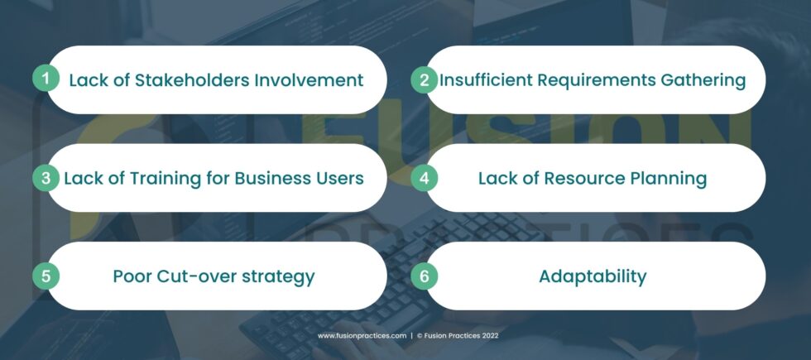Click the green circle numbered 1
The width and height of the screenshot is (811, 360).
tap(46, 79)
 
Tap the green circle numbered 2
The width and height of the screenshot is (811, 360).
tap(424, 80)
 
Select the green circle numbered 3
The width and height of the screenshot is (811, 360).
tap(46, 178)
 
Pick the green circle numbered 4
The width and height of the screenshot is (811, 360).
tap(424, 178)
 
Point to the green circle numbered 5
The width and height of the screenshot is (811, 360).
tap(46, 276)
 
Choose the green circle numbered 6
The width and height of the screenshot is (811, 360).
tap(424, 276)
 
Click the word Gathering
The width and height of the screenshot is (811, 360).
tap(703, 81)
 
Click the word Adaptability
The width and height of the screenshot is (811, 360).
tap(593, 277)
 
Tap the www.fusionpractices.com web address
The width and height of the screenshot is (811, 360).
tap(362, 336)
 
